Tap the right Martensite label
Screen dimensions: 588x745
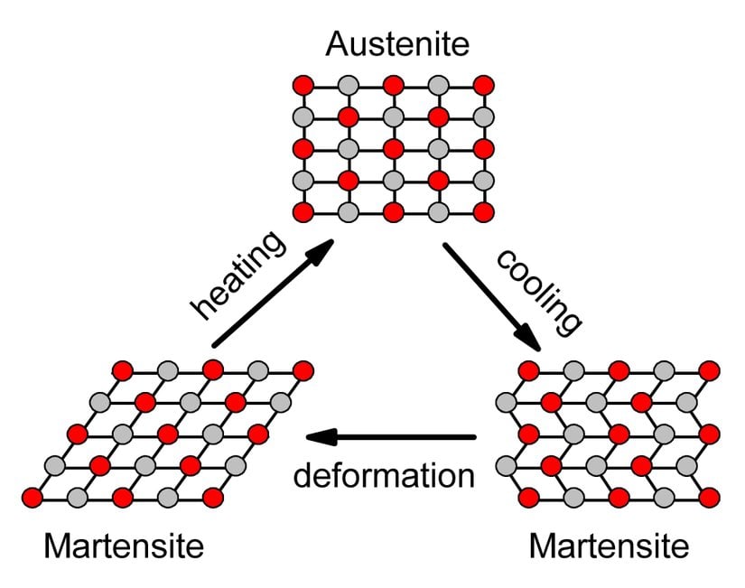pos(609,546)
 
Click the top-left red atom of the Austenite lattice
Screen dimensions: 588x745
pos(303,85)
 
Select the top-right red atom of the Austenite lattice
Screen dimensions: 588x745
pos(483,85)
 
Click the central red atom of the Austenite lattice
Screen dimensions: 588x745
pos(393,148)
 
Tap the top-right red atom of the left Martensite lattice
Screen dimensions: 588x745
pos(303,369)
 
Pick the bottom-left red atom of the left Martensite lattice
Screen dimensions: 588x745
pos(33,497)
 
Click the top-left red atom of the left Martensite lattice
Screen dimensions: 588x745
pos(123,369)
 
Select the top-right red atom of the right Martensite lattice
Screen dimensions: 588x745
pos(709,369)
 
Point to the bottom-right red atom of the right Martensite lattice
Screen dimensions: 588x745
pos(709,497)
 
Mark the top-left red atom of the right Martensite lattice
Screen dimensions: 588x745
pos(529,369)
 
